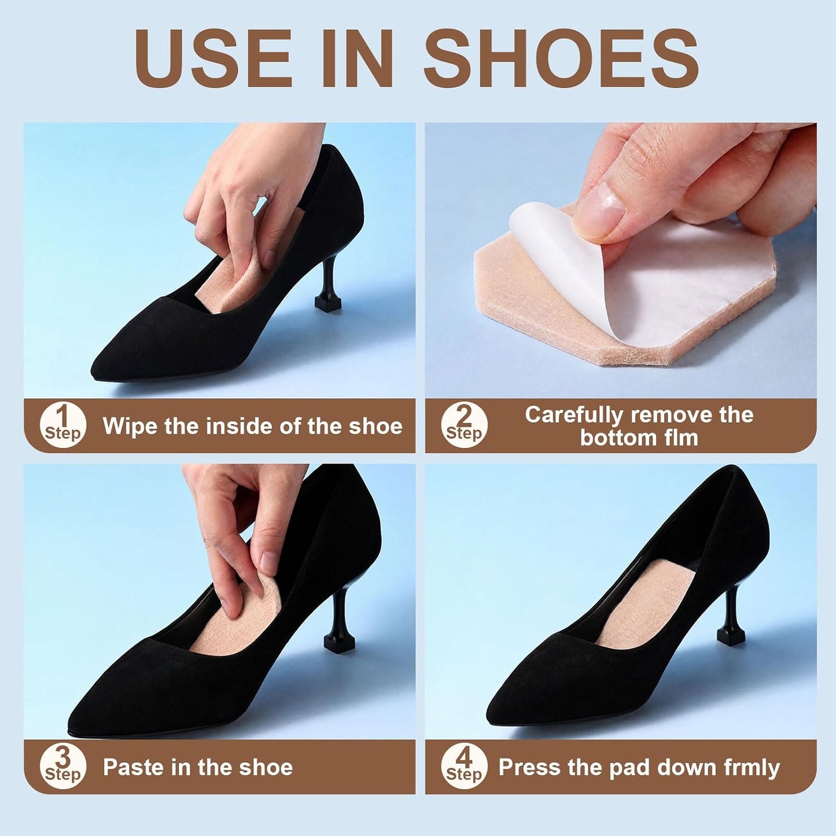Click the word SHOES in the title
click(x=561, y=58)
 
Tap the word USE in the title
click(x=213, y=58)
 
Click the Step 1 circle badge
click(x=63, y=425)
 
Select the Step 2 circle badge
click(x=464, y=425)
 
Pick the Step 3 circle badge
click(x=63, y=767)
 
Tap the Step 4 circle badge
click(x=464, y=767)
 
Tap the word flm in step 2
click(x=680, y=437)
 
